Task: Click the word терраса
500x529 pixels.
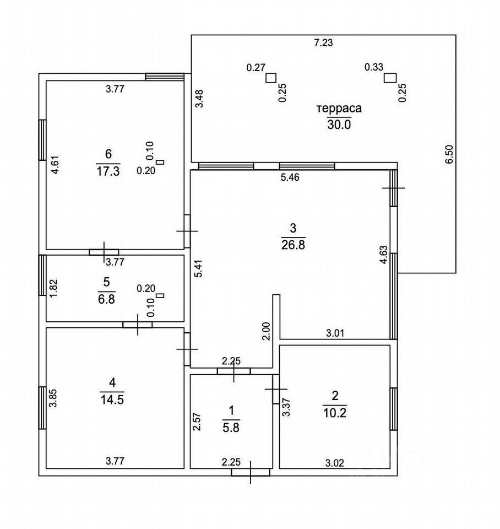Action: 339,109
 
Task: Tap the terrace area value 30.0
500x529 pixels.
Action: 339,125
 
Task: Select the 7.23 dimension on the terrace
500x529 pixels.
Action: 323,42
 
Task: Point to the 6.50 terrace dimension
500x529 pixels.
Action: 449,154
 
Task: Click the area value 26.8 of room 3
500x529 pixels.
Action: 293,244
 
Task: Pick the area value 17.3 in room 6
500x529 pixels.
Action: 108,171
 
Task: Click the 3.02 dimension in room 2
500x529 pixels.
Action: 334,463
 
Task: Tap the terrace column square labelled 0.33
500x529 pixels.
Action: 390,78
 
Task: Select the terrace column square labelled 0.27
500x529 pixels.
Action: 270,78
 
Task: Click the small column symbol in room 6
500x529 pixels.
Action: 160,162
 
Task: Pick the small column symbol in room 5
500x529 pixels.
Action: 160,296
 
